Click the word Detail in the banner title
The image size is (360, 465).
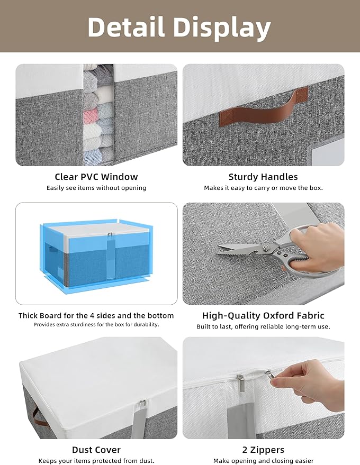tap(126, 27)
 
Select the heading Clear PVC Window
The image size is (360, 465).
tap(96, 177)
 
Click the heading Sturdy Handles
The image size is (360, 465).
tap(263, 177)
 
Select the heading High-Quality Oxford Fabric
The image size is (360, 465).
tap(263, 315)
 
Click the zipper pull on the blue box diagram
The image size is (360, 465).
tap(111, 234)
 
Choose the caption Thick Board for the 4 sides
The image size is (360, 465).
tap(96, 315)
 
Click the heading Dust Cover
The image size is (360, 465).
tap(96, 450)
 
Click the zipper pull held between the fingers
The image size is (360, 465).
tap(269, 376)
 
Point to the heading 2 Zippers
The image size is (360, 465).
tap(263, 450)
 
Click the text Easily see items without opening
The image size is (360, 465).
tap(96, 188)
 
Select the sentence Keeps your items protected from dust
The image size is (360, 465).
tap(96, 461)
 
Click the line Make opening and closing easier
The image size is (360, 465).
tap(263, 461)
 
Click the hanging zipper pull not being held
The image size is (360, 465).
tap(241, 383)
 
